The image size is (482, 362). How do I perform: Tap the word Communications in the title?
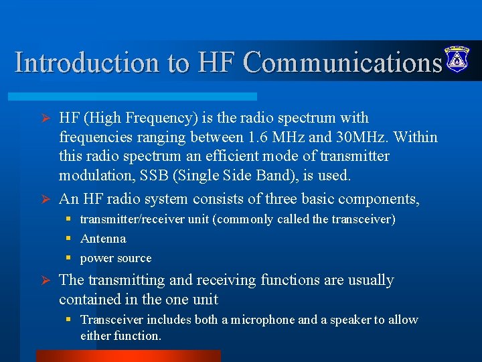tap(342, 62)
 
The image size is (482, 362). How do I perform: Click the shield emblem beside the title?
tap(457, 60)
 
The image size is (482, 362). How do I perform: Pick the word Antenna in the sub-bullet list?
tap(103, 239)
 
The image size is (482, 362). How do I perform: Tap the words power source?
tap(116, 258)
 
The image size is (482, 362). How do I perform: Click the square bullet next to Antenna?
tap(68, 239)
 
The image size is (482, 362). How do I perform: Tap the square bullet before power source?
tap(68, 258)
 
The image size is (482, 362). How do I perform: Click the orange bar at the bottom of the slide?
tap(128, 355)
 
